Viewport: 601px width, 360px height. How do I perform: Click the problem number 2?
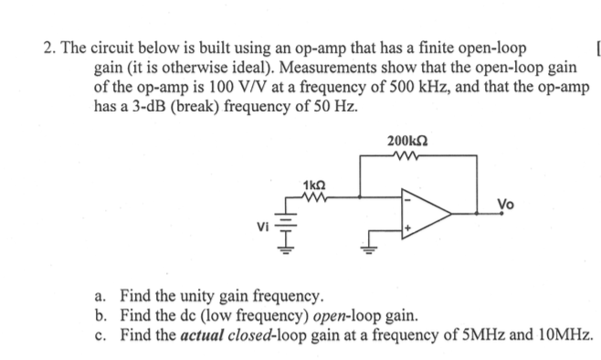(47, 48)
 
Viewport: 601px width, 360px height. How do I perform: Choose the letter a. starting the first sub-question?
(101, 297)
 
